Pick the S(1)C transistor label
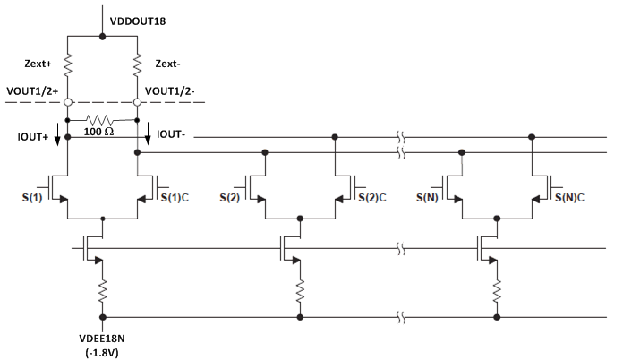click(x=175, y=194)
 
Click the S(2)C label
click(x=372, y=194)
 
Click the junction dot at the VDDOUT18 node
click(x=103, y=37)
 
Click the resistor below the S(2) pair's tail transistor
click(x=300, y=290)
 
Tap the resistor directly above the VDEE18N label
click(x=103, y=290)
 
